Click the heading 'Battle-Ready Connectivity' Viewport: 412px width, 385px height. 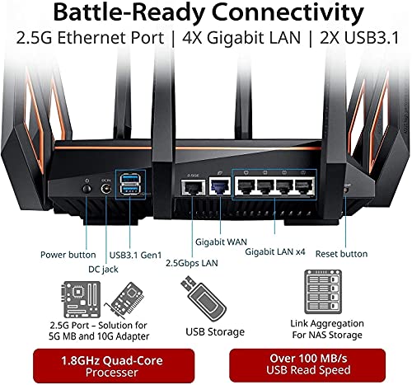pyautogui.click(x=206, y=15)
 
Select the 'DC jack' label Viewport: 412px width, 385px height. pyautogui.click(x=103, y=269)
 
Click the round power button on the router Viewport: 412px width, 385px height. pyautogui.click(x=87, y=189)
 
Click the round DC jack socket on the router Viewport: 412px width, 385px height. pyautogui.click(x=106, y=190)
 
